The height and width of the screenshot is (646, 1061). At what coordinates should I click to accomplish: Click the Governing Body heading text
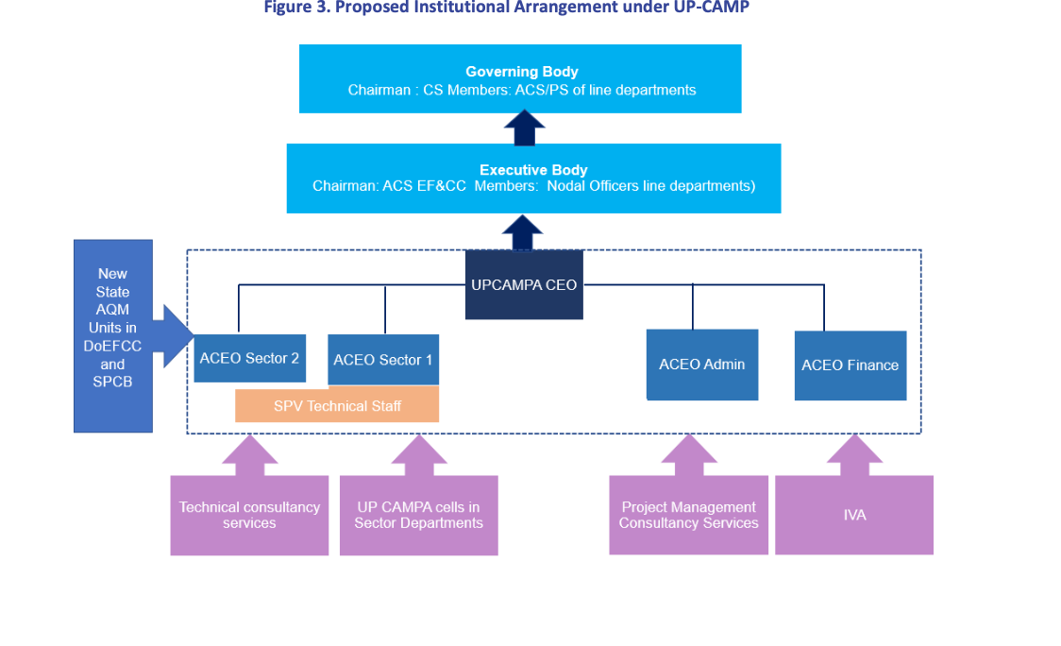[x=522, y=72]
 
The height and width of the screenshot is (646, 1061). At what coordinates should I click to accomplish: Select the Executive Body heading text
[x=533, y=170]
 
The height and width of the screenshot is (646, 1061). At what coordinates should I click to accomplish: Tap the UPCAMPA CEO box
[x=524, y=284]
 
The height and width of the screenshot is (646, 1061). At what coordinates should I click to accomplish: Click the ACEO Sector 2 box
[x=250, y=358]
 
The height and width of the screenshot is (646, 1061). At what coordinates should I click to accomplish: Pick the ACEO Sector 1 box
[x=383, y=360]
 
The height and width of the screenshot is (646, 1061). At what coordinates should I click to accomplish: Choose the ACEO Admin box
[x=702, y=365]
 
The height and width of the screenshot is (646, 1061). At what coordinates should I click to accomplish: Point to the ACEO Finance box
[x=850, y=365]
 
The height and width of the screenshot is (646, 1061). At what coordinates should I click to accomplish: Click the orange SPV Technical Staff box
[x=337, y=405]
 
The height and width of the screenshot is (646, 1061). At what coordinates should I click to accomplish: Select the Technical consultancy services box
[x=250, y=516]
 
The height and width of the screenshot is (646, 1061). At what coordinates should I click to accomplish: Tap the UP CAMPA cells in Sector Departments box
[x=419, y=516]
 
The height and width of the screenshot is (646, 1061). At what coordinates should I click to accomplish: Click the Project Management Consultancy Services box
[x=689, y=515]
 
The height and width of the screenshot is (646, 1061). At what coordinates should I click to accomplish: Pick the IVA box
[x=854, y=515]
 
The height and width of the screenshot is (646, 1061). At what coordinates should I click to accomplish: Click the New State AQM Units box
[x=113, y=336]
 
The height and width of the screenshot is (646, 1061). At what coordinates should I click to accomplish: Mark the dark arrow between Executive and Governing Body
[x=525, y=128]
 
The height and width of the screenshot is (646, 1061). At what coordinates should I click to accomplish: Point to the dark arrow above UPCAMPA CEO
[x=522, y=233]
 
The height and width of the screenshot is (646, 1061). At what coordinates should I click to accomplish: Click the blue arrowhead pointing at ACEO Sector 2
[x=177, y=336]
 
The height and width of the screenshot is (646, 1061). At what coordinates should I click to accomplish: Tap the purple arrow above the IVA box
[x=854, y=455]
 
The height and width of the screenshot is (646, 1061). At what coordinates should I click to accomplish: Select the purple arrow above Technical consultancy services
[x=250, y=455]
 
